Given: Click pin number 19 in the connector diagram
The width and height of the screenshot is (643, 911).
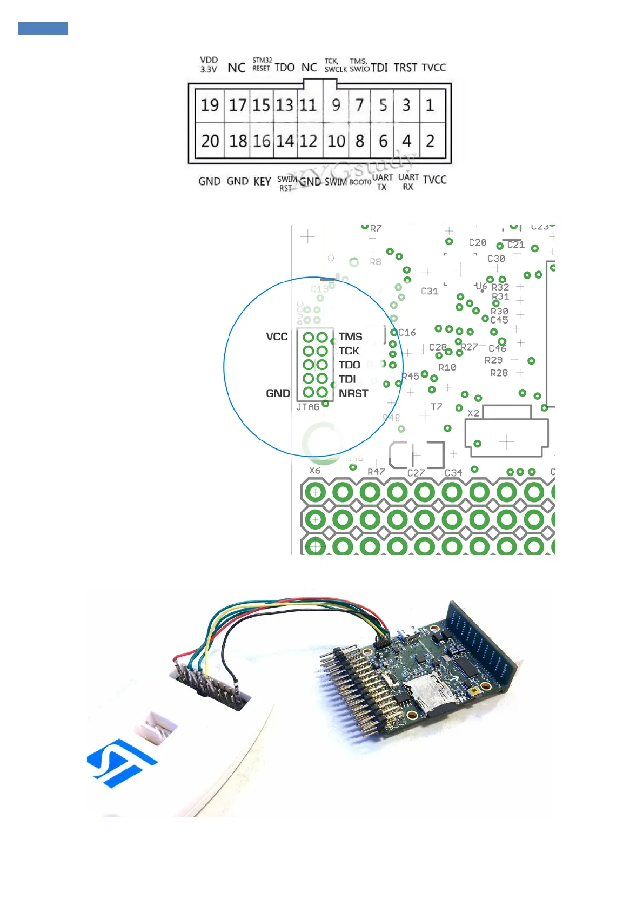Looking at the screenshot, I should [x=210, y=105].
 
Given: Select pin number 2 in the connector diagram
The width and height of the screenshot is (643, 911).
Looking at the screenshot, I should [x=430, y=141].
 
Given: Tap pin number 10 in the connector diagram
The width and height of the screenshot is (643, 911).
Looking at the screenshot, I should [x=336, y=141].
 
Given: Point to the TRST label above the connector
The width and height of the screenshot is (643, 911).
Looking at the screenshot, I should [x=405, y=68].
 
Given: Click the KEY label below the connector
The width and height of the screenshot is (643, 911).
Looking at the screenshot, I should [x=262, y=181].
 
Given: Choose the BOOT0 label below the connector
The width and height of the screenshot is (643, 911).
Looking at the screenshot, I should [x=360, y=182].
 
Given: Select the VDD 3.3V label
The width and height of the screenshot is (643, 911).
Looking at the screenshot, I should [x=209, y=64].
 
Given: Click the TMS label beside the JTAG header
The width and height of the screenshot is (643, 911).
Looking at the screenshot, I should [x=350, y=336].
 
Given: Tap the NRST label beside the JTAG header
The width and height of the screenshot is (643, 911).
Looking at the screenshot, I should [x=353, y=393].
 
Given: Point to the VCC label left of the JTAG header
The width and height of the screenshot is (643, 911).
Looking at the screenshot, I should [x=277, y=336].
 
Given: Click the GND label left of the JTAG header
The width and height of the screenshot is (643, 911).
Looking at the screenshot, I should [x=278, y=393].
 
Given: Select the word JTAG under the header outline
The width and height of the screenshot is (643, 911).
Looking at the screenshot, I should [x=307, y=407].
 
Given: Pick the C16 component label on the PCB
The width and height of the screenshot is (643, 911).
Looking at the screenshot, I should [x=407, y=332].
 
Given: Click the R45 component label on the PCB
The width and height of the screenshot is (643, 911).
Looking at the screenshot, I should [x=410, y=376].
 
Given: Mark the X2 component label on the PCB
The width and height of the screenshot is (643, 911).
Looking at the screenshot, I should [x=473, y=413].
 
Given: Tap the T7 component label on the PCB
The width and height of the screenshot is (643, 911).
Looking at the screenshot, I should [x=437, y=406].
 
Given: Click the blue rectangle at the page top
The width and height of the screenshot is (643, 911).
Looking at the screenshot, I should [x=43, y=28].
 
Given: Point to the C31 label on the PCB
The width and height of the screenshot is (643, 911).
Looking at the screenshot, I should [x=430, y=291].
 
